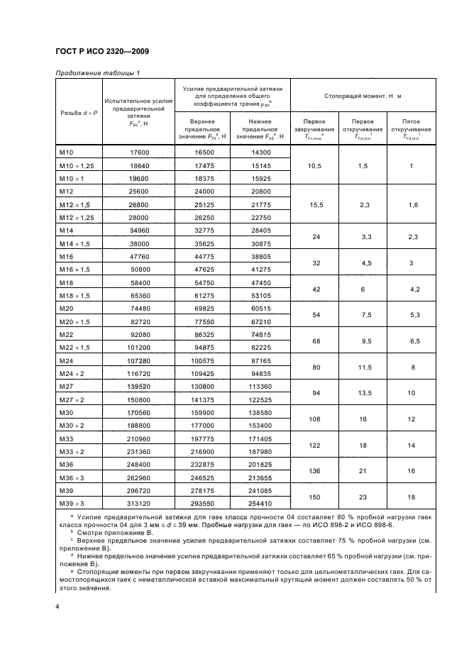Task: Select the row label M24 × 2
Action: [73, 372]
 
